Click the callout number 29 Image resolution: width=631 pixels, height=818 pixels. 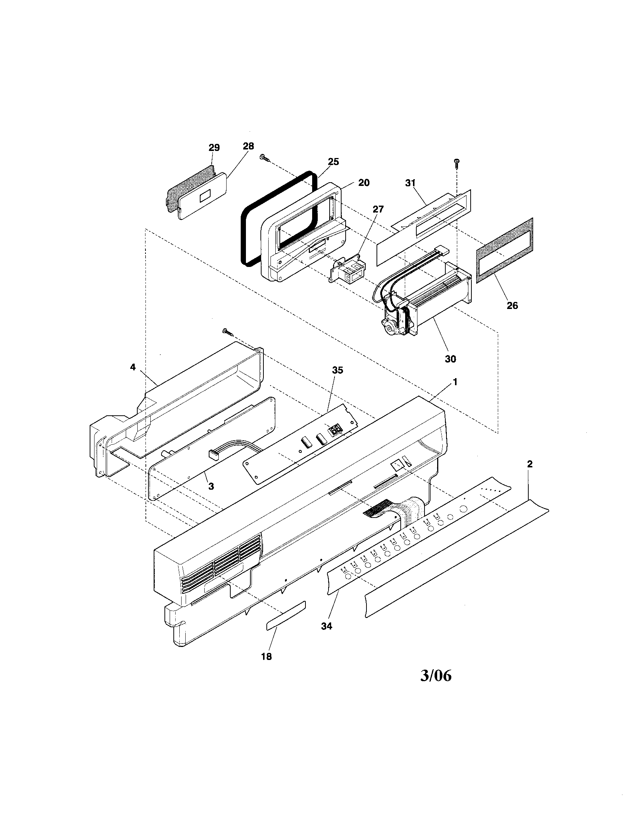tap(214, 148)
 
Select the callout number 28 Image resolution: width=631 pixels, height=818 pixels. tap(248, 146)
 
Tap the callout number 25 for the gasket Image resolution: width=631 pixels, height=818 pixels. tap(333, 162)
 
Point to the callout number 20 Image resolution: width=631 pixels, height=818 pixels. tap(363, 183)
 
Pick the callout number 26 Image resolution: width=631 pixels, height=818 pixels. tap(512, 306)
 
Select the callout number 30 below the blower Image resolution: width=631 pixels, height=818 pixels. tap(451, 359)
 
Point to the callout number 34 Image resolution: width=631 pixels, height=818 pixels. tap(326, 626)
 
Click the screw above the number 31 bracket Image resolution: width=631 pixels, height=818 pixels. tap(457, 162)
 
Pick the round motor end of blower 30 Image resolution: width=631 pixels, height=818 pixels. tap(392, 328)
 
